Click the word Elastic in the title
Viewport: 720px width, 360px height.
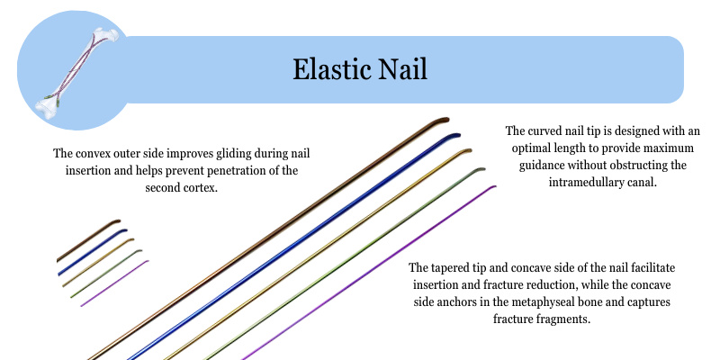pos(332,70)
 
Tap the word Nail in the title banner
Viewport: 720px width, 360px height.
pos(404,70)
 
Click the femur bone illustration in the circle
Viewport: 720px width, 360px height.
pos(77,73)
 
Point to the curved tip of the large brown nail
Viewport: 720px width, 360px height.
pos(443,121)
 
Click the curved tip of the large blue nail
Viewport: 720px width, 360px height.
pos(454,136)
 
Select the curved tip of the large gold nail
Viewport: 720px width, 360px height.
pos(465,150)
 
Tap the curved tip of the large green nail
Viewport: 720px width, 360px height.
pos(480,169)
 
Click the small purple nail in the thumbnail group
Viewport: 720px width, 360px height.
pos(115,283)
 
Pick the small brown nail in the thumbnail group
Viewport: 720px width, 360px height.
pos(88,241)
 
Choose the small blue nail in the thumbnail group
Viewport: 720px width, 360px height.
pos(93,253)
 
